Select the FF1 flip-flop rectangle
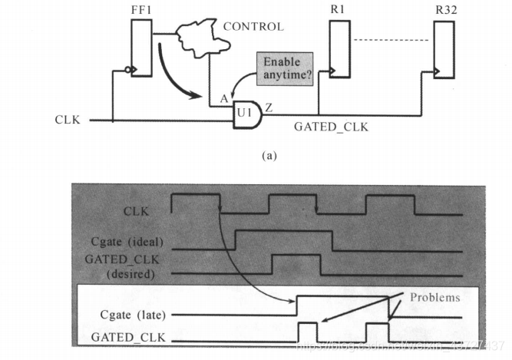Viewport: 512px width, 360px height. [141, 48]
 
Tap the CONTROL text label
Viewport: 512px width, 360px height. [253, 27]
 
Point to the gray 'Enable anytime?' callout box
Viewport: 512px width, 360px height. [283, 68]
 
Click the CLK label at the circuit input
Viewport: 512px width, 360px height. [68, 120]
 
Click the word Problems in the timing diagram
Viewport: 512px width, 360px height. [434, 296]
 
